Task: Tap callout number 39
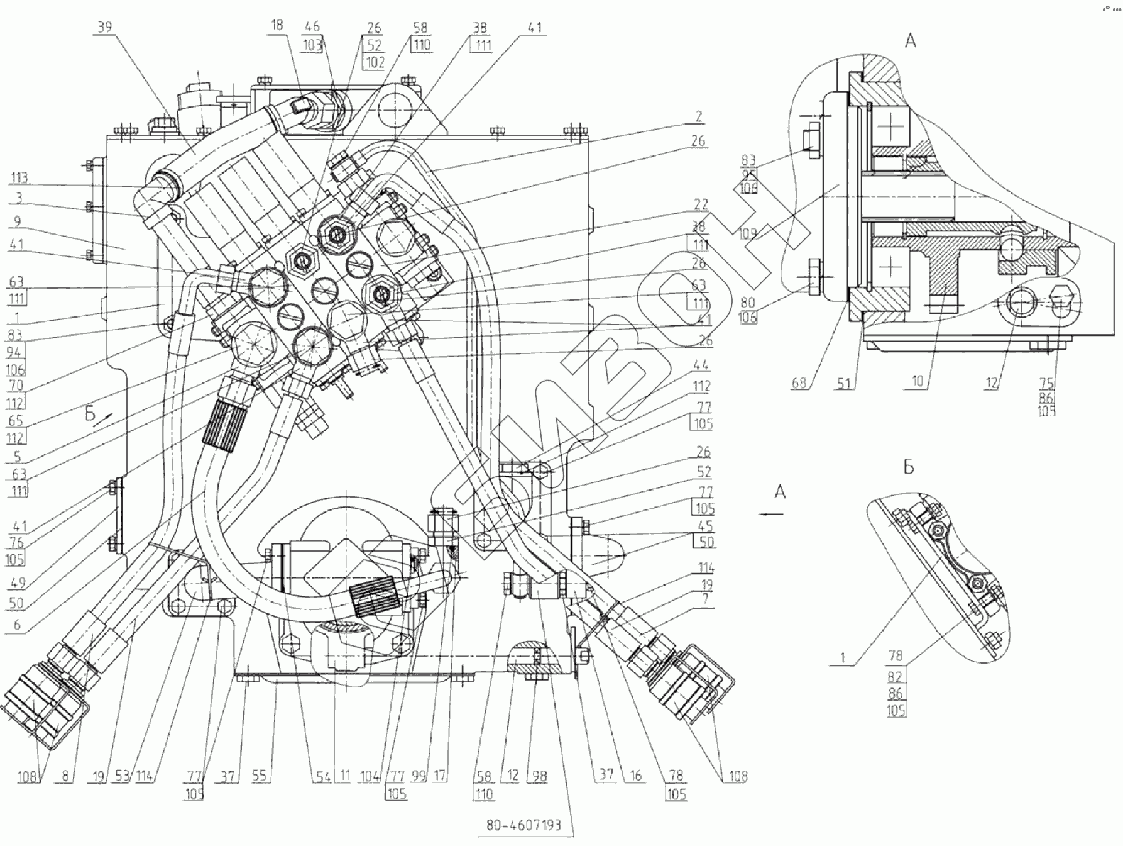tap(106, 27)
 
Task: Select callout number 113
tap(18, 178)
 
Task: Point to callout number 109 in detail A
tap(747, 233)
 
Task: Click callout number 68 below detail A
tap(798, 382)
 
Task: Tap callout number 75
tap(1046, 382)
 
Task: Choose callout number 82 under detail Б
tap(896, 677)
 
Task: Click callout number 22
tap(701, 204)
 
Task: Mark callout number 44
tap(701, 364)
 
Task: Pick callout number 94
tap(16, 352)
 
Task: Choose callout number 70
tap(16, 385)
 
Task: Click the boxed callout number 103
tap(312, 44)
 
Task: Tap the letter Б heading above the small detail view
tap(908, 467)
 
